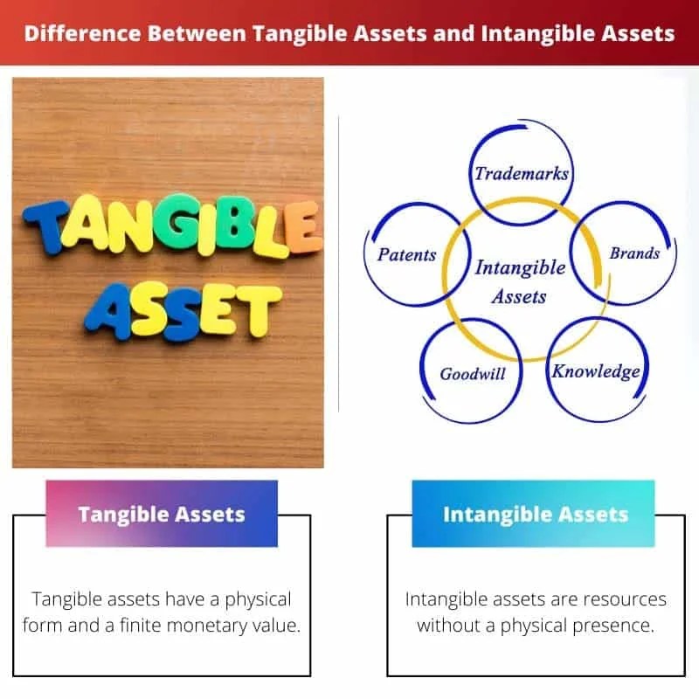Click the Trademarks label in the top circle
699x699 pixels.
point(522,173)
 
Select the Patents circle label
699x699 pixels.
point(406,255)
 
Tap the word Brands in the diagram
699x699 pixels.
point(634,253)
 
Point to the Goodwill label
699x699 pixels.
point(473,374)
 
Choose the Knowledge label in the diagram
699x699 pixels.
point(595,371)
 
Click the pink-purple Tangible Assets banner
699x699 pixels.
point(162,514)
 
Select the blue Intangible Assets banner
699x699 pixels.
point(535,514)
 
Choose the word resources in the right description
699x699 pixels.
point(624,599)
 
